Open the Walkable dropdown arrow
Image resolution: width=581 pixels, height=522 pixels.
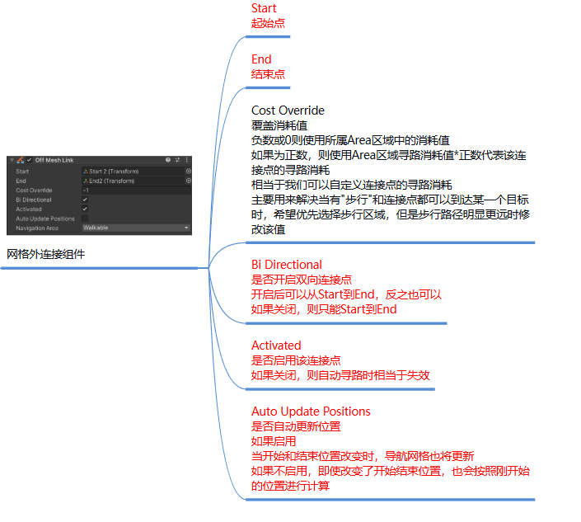pyautogui.click(x=186, y=228)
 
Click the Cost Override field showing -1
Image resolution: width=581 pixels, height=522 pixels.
pyautogui.click(x=136, y=190)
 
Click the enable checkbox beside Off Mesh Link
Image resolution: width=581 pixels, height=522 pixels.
pyautogui.click(x=29, y=160)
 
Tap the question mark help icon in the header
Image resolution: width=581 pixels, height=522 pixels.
pyautogui.click(x=168, y=160)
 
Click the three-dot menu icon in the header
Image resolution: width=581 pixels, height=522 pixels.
pyautogui.click(x=187, y=160)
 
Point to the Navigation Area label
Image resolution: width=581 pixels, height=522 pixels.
pyautogui.click(x=36, y=228)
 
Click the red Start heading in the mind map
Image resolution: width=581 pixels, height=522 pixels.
pyautogui.click(x=264, y=8)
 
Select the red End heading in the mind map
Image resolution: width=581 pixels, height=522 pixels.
pyautogui.click(x=261, y=59)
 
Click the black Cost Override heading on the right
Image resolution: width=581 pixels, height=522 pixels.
pyautogui.click(x=288, y=111)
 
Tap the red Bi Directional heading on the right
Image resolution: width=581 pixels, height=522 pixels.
pyautogui.click(x=287, y=265)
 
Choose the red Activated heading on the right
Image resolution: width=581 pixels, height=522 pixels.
pyautogui.click(x=276, y=345)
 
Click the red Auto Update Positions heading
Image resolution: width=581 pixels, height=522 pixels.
pyautogui.click(x=311, y=411)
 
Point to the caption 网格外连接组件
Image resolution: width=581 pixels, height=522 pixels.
pyautogui.click(x=45, y=255)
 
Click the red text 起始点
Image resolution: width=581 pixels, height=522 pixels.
pyautogui.click(x=268, y=23)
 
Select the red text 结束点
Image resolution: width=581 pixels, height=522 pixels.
pyautogui.click(x=268, y=74)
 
